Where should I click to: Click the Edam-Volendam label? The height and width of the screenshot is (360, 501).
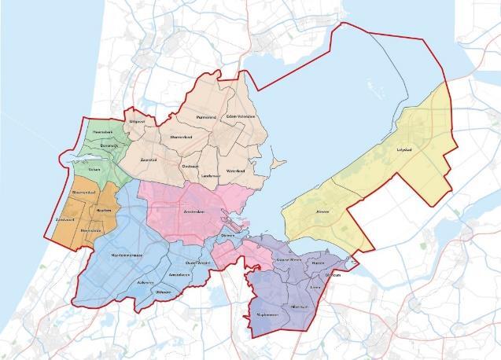click(241, 116)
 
